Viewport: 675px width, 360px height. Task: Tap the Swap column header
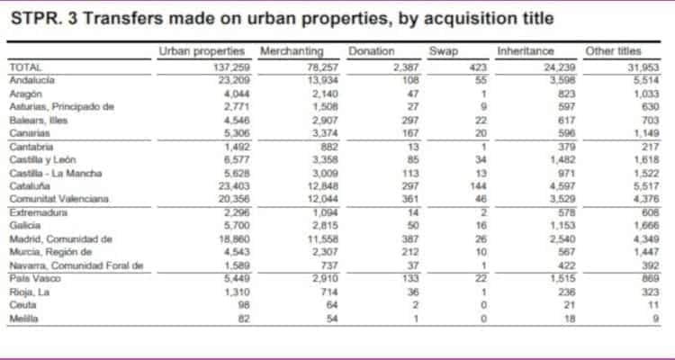click(444, 51)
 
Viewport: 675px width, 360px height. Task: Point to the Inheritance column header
click(525, 51)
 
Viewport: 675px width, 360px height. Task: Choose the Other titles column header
click(614, 51)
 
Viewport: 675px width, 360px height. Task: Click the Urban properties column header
click(204, 51)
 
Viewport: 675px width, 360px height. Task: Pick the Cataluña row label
click(31, 185)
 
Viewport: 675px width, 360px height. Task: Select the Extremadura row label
click(38, 212)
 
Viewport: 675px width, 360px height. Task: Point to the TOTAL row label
click(25, 67)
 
